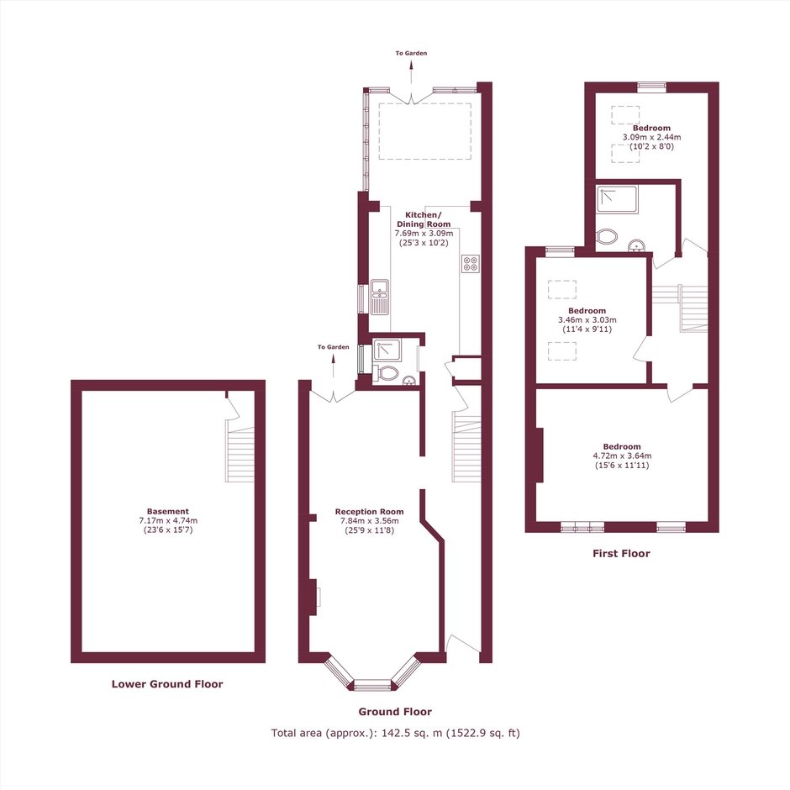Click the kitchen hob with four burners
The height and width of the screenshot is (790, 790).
coord(471,264)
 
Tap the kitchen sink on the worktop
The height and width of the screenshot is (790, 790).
coord(379,298)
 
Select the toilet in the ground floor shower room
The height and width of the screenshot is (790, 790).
coord(386,373)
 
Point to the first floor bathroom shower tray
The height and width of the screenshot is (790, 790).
coord(617,199)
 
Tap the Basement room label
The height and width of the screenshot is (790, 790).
coord(168,511)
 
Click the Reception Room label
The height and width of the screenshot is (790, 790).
coord(369,511)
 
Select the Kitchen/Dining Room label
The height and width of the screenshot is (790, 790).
coord(424,219)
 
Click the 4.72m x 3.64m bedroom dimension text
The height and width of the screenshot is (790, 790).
coord(622,456)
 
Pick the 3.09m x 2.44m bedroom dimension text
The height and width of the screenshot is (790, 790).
coord(652,137)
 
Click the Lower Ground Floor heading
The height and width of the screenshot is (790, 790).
coord(167,684)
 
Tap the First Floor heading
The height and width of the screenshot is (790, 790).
coord(621,553)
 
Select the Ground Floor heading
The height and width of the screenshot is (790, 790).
coord(395,711)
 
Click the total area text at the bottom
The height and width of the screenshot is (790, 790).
coord(396,733)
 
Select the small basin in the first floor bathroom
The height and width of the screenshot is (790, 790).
coord(637,245)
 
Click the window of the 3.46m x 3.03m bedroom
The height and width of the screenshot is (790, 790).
coord(560,248)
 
